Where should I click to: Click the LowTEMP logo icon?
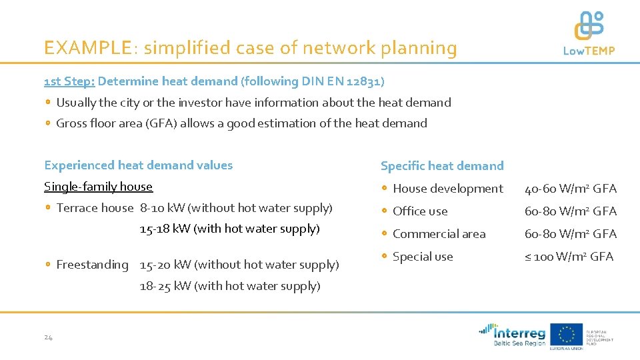click(x=589, y=26)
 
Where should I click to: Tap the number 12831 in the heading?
click(x=365, y=81)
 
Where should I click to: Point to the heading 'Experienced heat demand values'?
click(x=138, y=165)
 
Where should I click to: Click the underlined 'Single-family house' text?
click(x=98, y=187)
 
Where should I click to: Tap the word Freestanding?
click(x=92, y=265)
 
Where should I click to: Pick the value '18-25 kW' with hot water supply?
click(x=165, y=286)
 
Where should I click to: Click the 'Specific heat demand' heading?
click(x=441, y=166)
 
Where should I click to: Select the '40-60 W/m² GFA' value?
click(x=571, y=189)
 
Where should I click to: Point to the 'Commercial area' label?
click(x=439, y=234)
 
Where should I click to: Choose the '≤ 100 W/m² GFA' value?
click(x=569, y=257)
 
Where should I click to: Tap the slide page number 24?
click(x=48, y=337)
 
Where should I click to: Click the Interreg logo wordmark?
click(x=519, y=333)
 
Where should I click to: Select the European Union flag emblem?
click(x=566, y=333)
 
